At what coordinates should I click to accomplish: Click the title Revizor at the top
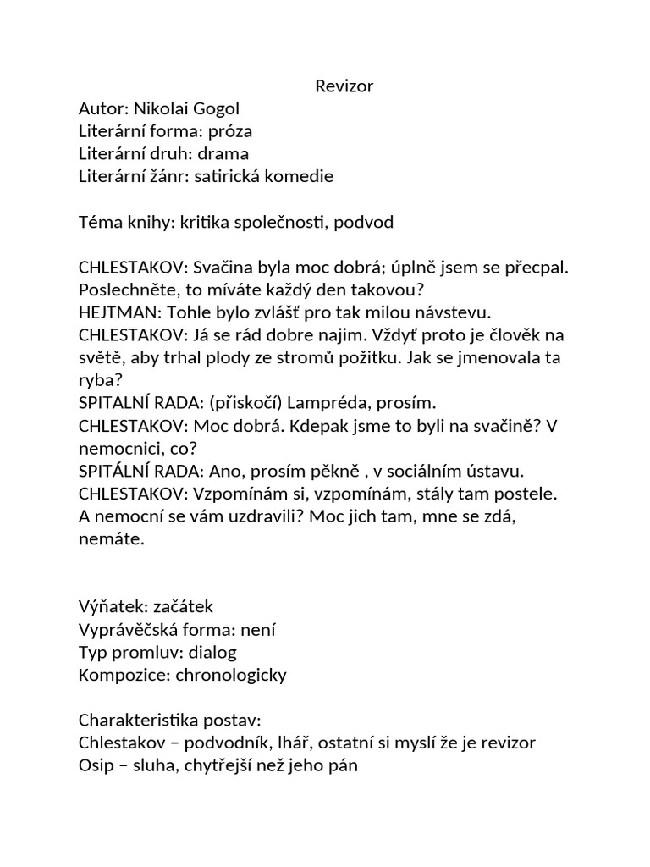point(344,86)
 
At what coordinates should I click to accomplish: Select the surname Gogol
point(216,108)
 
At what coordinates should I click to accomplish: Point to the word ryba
point(96,380)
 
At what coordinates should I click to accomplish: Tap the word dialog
point(212,653)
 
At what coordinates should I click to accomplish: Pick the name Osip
point(94,766)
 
